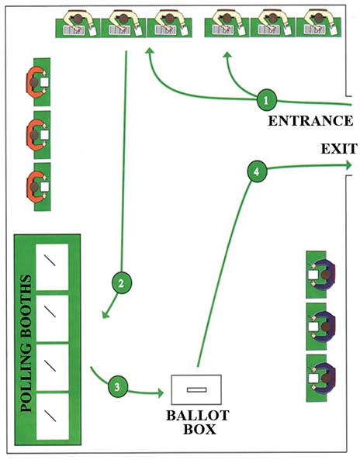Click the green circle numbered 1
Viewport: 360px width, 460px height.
coord(266,100)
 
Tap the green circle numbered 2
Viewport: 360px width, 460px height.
coord(122,283)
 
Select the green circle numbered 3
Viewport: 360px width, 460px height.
coord(118,386)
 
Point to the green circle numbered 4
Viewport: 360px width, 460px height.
coord(257,171)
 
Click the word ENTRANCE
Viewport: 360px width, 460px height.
coord(310,121)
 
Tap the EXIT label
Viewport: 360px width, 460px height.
coord(339,149)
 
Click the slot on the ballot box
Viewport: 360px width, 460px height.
coord(196,389)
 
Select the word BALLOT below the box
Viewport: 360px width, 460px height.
coord(198,416)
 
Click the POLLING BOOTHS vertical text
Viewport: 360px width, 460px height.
coord(26,343)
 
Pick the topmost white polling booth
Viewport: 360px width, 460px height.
coord(52,267)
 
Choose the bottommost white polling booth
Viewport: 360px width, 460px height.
coord(53,416)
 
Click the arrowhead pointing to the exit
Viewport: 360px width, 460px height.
coord(349,165)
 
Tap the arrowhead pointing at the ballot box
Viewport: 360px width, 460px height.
coord(160,393)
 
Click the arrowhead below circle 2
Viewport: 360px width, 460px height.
coord(106,314)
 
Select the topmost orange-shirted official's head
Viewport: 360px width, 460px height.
coord(34,82)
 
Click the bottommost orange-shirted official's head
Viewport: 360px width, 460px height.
coord(35,187)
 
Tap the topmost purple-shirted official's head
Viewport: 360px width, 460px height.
coord(326,275)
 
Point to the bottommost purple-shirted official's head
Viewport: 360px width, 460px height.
coord(326,379)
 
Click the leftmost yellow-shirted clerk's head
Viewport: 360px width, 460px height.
coord(78,19)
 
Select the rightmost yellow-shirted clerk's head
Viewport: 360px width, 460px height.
coord(319,18)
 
